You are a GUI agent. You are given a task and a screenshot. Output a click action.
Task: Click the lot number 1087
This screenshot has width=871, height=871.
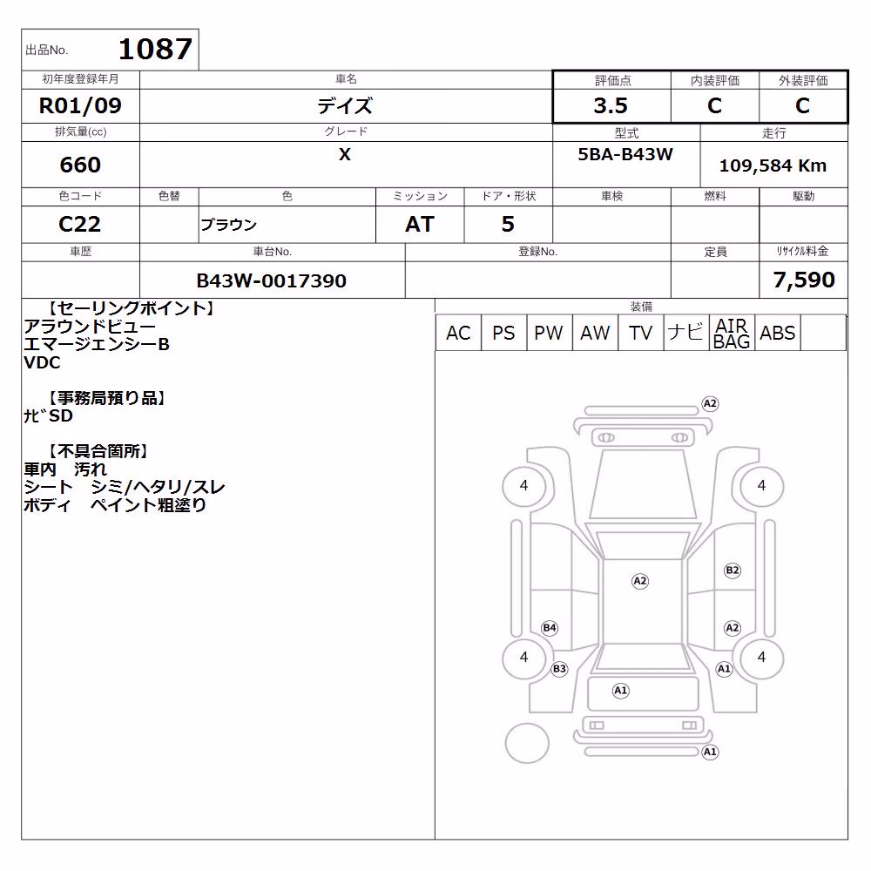(155, 49)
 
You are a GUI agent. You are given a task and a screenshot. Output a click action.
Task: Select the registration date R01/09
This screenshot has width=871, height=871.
(80, 105)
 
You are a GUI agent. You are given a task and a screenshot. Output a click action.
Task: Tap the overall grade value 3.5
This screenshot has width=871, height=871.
(611, 105)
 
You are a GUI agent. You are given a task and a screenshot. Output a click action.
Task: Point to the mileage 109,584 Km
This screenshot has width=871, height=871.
(773, 165)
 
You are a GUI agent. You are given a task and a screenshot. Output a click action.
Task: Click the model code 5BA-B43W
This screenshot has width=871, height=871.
(625, 154)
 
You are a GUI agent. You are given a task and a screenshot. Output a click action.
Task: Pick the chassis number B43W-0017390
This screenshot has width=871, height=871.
(271, 280)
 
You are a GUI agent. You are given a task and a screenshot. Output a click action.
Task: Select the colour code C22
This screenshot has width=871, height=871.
(79, 224)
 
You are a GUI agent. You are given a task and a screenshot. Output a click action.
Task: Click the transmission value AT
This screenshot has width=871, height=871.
(420, 224)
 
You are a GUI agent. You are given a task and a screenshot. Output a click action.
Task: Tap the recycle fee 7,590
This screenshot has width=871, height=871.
(804, 280)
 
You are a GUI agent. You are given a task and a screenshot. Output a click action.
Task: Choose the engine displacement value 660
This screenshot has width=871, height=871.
(80, 165)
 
